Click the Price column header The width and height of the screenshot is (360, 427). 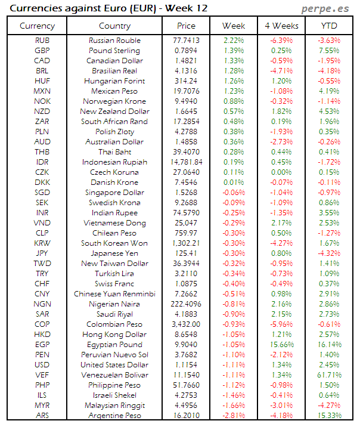coord(186,26)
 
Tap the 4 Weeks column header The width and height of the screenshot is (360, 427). coord(281,26)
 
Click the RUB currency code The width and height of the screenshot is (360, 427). coord(42,41)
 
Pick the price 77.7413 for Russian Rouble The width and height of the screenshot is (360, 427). coord(186,41)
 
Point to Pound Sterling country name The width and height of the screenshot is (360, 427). coord(114,51)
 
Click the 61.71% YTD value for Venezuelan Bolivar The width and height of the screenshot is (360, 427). coord(328,375)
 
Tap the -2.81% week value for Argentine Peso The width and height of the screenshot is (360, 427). coord(234,415)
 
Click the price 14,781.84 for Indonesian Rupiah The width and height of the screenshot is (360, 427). coord(186,162)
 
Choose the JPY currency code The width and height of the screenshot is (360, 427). coord(42,253)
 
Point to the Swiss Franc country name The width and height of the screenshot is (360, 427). coord(114,284)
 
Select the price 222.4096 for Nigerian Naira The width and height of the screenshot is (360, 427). coord(186,304)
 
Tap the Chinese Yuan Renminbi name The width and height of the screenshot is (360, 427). coord(114,294)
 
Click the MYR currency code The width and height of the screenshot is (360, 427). coord(42,405)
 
